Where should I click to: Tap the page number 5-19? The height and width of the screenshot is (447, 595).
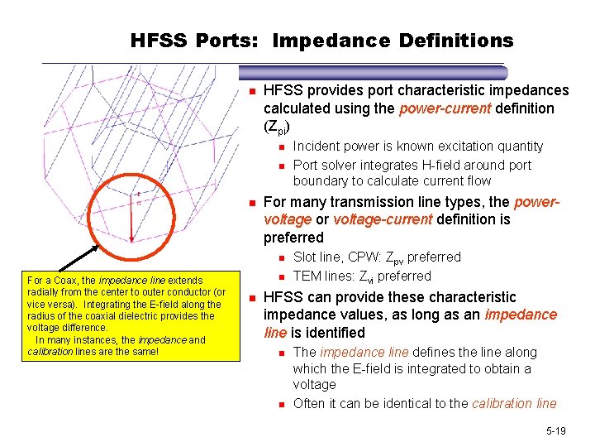[555, 431]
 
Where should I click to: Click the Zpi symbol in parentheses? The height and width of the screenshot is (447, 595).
[278, 127]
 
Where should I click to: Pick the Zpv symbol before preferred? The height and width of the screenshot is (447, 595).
[398, 258]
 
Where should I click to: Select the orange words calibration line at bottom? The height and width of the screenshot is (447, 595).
[514, 403]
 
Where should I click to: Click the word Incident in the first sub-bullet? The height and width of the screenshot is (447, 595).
[315, 146]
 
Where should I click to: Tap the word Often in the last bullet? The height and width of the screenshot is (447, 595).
[309, 403]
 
